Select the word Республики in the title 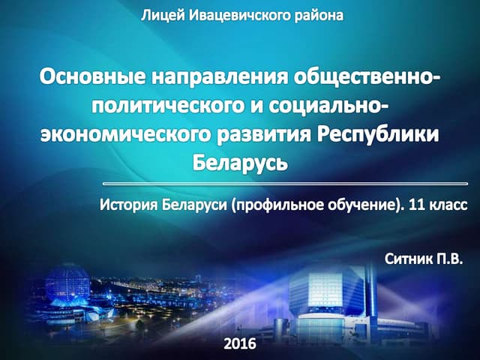[x=376, y=134]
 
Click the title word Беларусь [x=240, y=162]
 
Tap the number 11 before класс [x=409, y=203]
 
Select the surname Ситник [x=409, y=259]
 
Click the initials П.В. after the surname [x=450, y=259]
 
